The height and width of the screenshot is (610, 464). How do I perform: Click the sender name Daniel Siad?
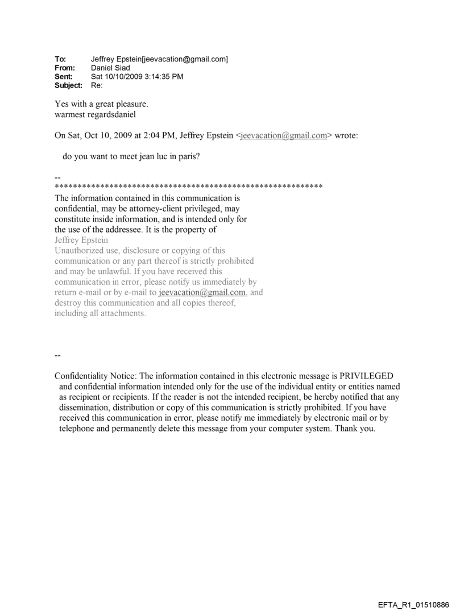tap(110, 68)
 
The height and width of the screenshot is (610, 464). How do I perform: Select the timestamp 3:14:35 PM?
tap(163, 76)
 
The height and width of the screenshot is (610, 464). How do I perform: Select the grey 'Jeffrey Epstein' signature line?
tap(81, 240)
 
